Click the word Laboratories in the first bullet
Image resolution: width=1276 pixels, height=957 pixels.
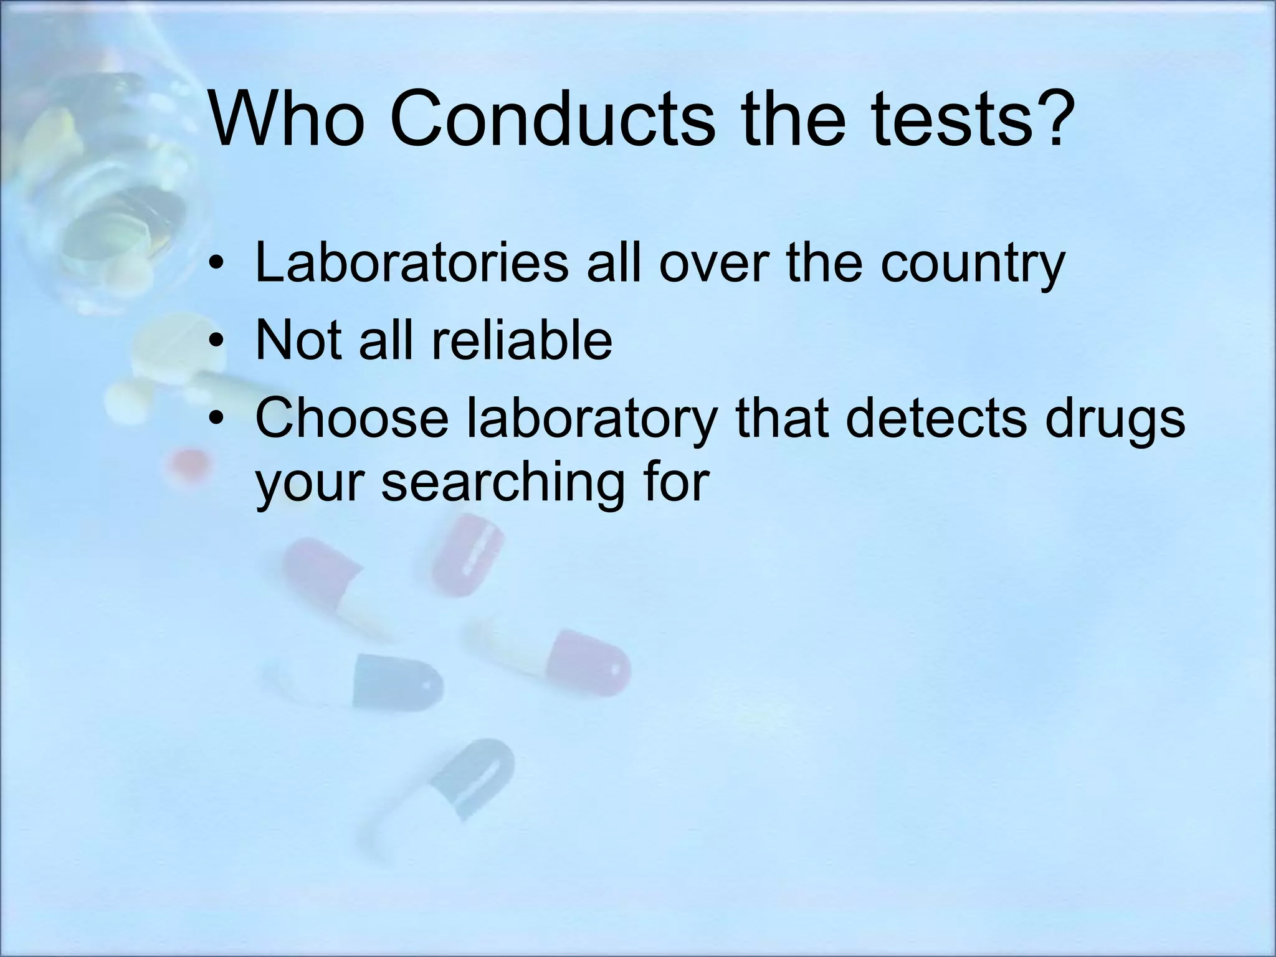(x=411, y=262)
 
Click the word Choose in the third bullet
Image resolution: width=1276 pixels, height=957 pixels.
(x=352, y=418)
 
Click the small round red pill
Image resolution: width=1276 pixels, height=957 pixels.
(x=189, y=464)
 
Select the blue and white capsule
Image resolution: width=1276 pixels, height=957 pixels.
(x=368, y=680)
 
